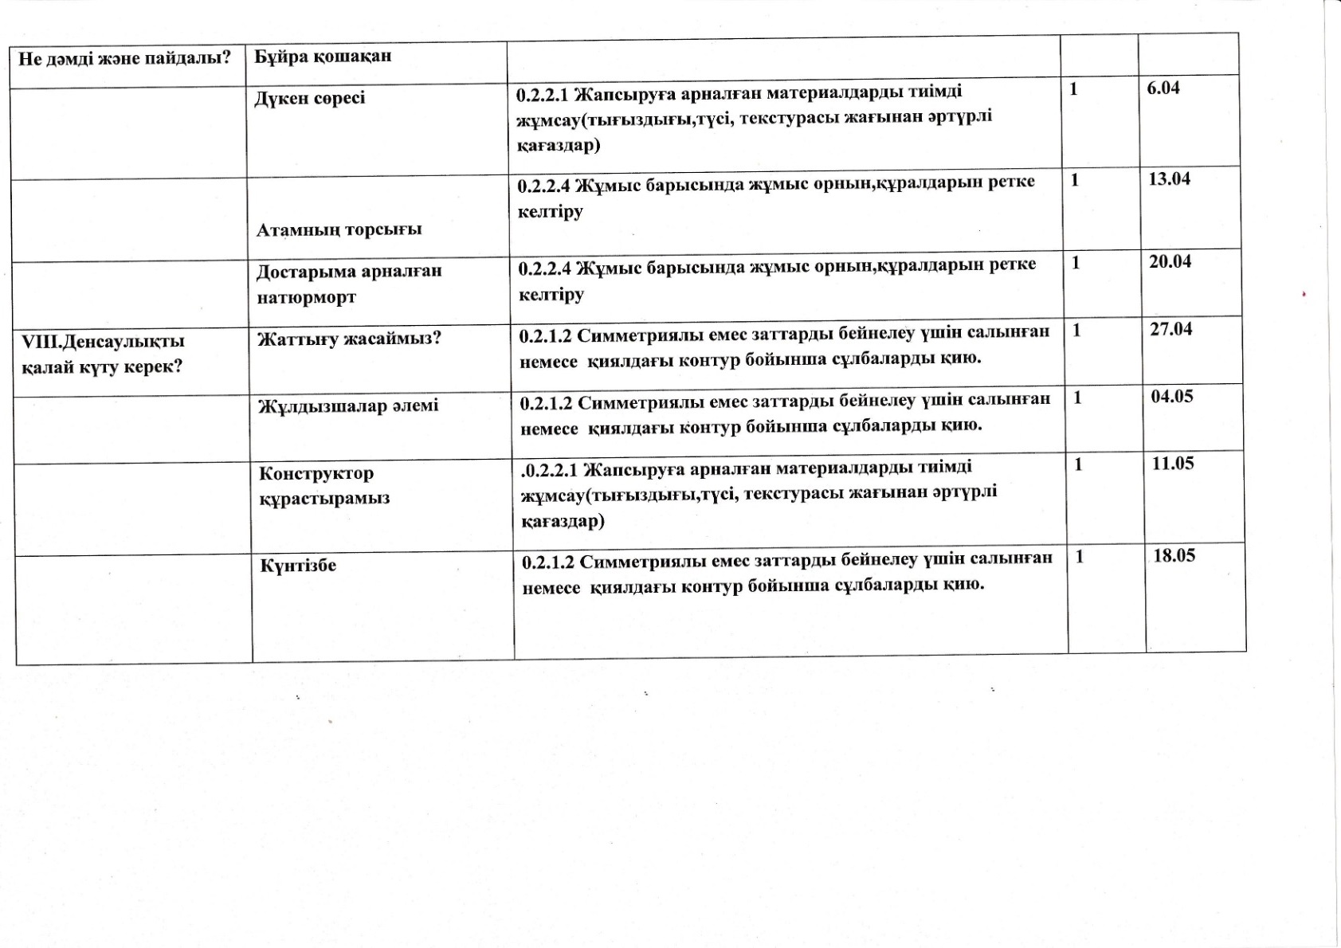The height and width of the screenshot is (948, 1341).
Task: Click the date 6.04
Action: tap(1163, 88)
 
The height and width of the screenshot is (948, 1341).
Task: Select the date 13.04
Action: tap(1169, 179)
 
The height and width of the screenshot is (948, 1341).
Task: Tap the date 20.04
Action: tap(1170, 261)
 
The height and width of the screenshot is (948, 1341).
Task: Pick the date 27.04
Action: tap(1170, 329)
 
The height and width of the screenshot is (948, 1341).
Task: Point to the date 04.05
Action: tap(1172, 397)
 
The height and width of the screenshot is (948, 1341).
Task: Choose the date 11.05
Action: tap(1173, 464)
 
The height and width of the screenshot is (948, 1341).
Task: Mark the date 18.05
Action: tap(1174, 556)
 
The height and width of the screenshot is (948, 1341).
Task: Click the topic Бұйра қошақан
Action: tap(323, 57)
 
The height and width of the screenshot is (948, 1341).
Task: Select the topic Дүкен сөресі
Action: tap(310, 98)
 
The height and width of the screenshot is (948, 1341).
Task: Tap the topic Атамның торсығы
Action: tap(339, 229)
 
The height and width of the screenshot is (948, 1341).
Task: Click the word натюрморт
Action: tap(306, 297)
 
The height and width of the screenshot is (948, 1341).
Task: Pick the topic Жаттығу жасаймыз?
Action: tap(349, 339)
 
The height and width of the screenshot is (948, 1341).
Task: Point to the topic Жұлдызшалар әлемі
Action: tap(348, 406)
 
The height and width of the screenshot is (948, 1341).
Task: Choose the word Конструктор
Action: tap(316, 473)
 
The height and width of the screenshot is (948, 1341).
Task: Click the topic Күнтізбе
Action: tap(298, 566)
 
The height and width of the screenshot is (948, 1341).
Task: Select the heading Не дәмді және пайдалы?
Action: tap(124, 58)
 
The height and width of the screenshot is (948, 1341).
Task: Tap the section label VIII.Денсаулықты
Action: tap(103, 342)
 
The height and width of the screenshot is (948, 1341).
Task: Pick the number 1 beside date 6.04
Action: tap(1073, 89)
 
